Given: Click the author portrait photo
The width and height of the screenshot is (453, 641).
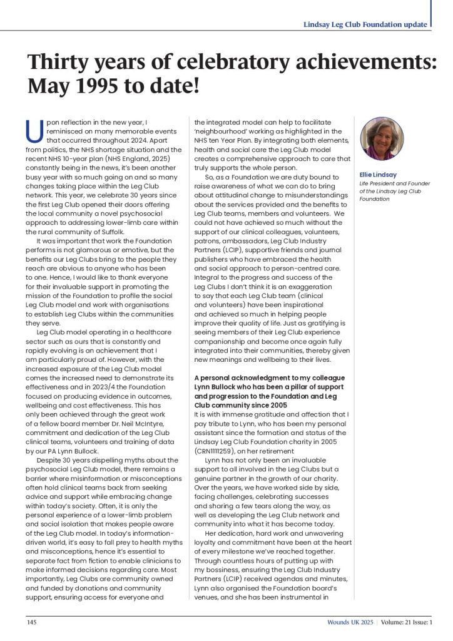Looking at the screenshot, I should point(381,138).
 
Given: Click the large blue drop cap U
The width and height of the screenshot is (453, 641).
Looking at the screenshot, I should point(35,132).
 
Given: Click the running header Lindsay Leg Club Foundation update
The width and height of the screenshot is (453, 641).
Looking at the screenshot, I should point(365,24).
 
